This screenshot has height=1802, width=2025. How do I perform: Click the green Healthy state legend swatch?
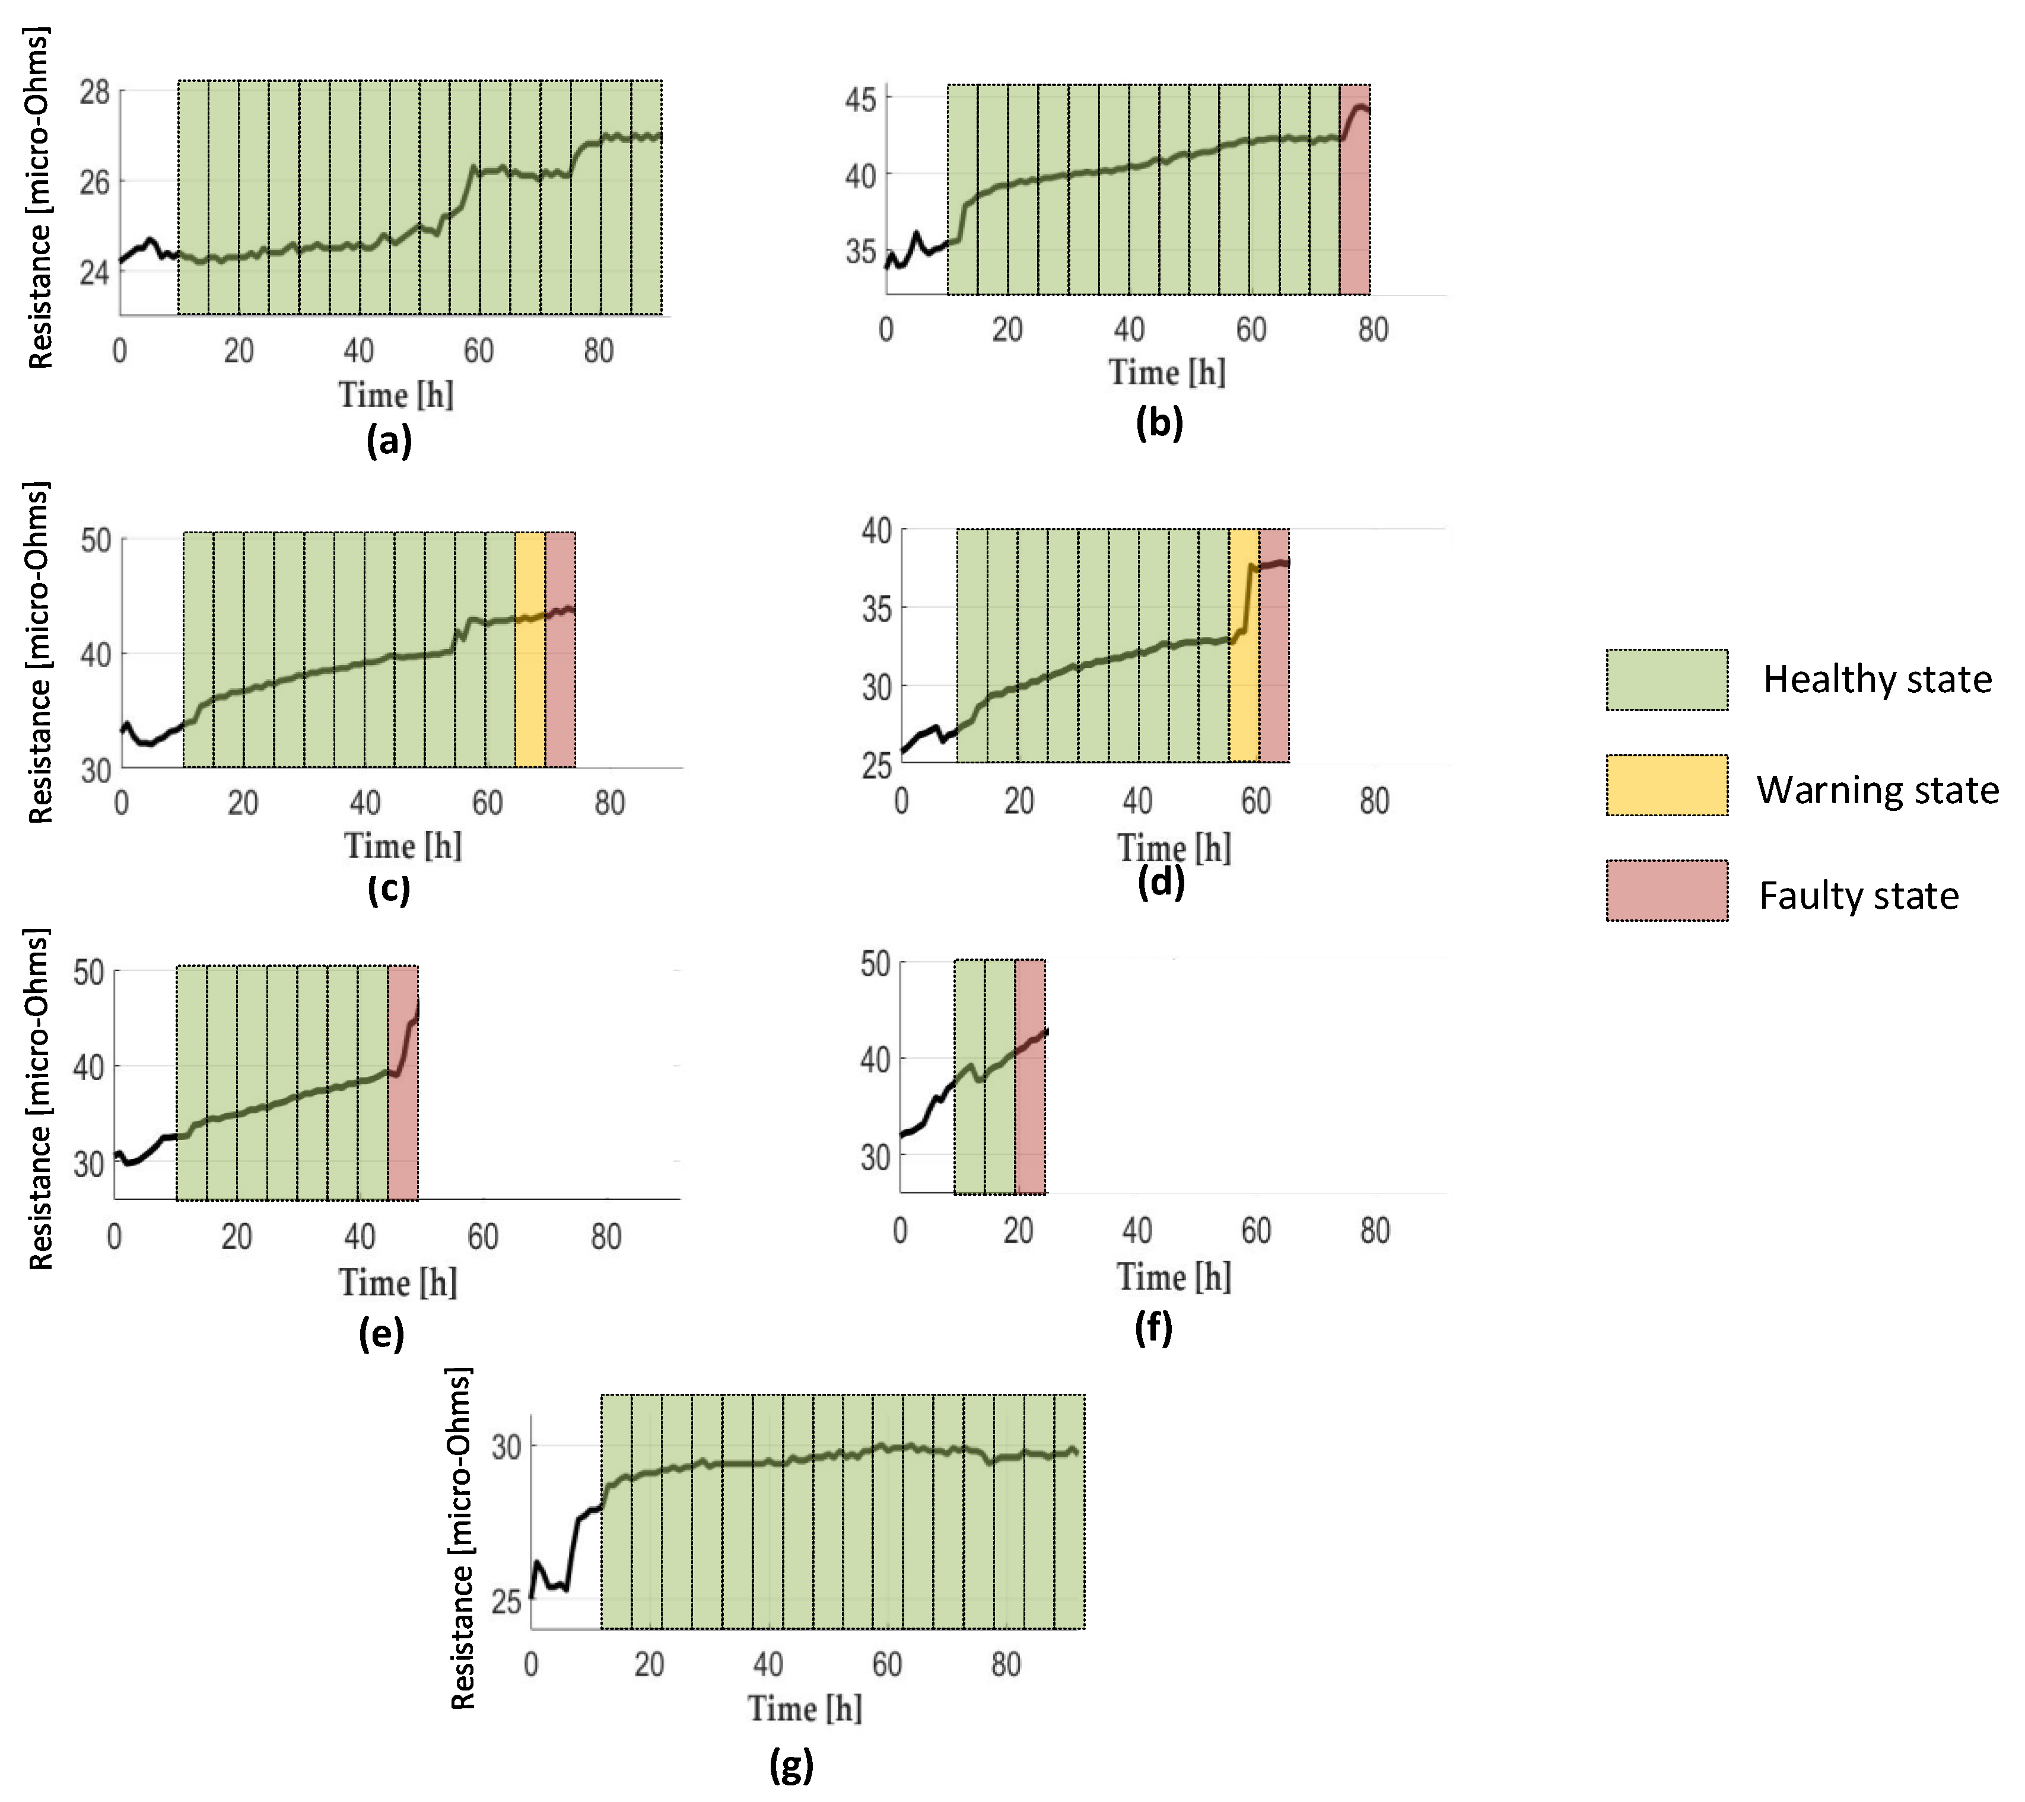tap(1667, 680)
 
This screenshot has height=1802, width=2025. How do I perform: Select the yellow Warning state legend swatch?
tap(1667, 785)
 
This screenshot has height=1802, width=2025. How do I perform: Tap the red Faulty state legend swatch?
tap(1667, 890)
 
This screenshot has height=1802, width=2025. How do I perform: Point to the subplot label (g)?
tap(790, 1765)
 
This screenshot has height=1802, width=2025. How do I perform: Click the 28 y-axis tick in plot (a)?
tap(95, 93)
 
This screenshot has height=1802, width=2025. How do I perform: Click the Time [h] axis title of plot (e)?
tap(398, 1283)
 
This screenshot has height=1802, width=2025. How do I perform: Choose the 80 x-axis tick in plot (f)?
tap(1374, 1231)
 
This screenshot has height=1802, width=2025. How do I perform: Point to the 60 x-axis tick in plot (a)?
tap(478, 351)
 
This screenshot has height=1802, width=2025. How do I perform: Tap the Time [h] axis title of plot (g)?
tap(805, 1708)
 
